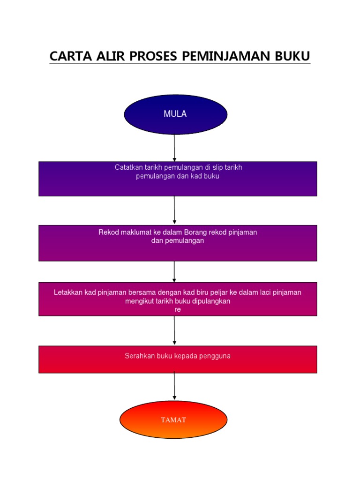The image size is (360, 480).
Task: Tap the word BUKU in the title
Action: (292, 56)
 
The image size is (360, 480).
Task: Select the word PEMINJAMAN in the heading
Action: (226, 56)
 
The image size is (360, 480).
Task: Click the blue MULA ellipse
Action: (175, 114)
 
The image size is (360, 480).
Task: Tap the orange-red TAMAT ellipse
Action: (173, 420)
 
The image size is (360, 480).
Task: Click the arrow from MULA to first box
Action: (174, 148)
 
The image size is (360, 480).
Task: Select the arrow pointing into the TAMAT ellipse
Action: (174, 386)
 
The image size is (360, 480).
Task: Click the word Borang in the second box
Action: (195, 232)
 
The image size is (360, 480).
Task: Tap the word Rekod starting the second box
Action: (108, 232)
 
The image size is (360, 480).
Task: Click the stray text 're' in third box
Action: (178, 309)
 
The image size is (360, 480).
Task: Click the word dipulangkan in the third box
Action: (211, 301)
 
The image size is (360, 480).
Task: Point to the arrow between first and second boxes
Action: (174, 210)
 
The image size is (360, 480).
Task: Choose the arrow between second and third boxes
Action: (174, 271)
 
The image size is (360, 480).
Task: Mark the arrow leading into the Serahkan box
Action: (174, 330)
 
